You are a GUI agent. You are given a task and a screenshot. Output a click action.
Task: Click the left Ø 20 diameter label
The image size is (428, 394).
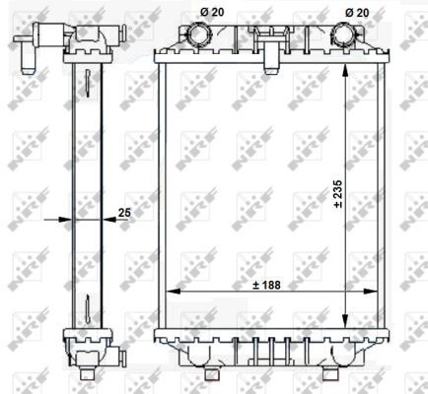pyautogui.click(x=212, y=12)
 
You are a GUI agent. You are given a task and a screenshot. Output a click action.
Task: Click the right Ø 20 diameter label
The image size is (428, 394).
pyautogui.click(x=357, y=13)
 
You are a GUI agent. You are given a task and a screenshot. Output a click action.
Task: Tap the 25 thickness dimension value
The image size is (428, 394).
pyautogui.click(x=124, y=213)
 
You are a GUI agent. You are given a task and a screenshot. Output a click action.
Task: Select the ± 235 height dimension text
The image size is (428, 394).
pyautogui.click(x=337, y=194)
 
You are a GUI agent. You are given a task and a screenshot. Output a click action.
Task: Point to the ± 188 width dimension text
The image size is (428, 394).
pyautogui.click(x=267, y=285)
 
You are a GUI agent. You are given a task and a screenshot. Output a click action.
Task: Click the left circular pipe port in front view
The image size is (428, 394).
pyautogui.click(x=199, y=34)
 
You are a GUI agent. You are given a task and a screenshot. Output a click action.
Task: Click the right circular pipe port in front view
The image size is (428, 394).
pyautogui.click(x=343, y=34)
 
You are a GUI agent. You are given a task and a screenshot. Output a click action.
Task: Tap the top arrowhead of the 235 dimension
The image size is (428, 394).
pyautogui.click(x=345, y=71)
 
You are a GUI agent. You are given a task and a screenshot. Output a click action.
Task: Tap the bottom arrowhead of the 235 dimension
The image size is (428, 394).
pyautogui.click(x=345, y=321)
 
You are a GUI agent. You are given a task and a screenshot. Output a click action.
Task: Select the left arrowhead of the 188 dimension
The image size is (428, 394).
pyautogui.click(x=174, y=291)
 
